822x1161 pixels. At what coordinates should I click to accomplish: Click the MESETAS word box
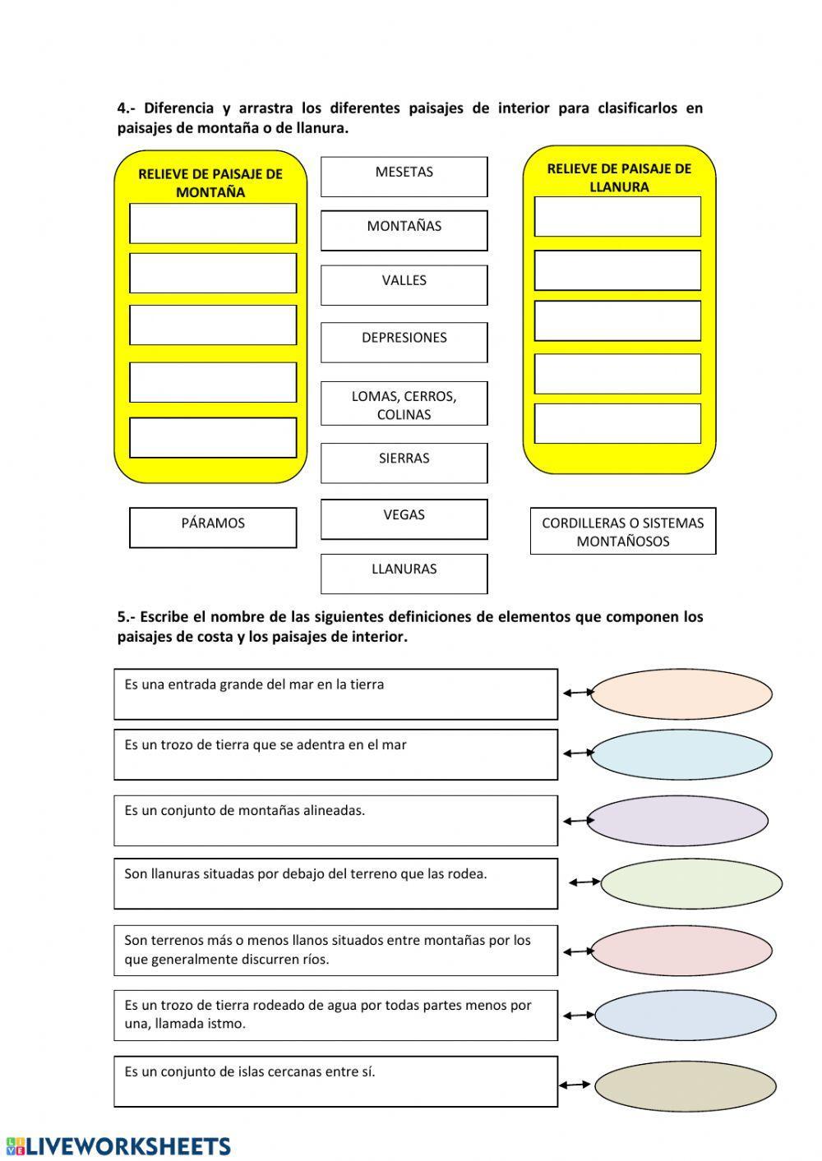[404, 177]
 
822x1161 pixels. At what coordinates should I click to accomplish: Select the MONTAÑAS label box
[404, 230]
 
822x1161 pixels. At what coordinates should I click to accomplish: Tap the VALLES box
[404, 284]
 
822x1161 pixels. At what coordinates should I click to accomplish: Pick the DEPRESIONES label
[404, 342]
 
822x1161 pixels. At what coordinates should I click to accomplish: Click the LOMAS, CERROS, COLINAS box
[404, 403]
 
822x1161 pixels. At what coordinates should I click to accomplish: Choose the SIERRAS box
[404, 463]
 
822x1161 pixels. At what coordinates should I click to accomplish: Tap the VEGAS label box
[404, 518]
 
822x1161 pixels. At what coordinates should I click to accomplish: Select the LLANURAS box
[404, 573]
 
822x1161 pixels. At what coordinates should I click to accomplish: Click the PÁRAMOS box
[213, 527]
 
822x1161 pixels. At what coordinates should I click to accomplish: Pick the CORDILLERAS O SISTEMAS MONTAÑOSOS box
[622, 531]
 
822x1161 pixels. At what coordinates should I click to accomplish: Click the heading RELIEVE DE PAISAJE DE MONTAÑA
[210, 182]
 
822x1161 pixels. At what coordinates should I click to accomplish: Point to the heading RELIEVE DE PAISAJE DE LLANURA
[619, 177]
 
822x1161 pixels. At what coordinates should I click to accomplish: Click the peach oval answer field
[681, 693]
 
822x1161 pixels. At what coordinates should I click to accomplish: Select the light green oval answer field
[690, 884]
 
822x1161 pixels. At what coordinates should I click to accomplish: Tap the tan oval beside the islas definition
[685, 1086]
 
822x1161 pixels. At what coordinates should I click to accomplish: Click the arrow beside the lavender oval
[578, 821]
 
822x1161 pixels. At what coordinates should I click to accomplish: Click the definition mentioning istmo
[335, 1015]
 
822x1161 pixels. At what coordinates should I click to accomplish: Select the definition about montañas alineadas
[335, 820]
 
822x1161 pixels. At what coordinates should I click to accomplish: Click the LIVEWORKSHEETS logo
[119, 1146]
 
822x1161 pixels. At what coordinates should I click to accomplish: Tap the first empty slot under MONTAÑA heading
[213, 223]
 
